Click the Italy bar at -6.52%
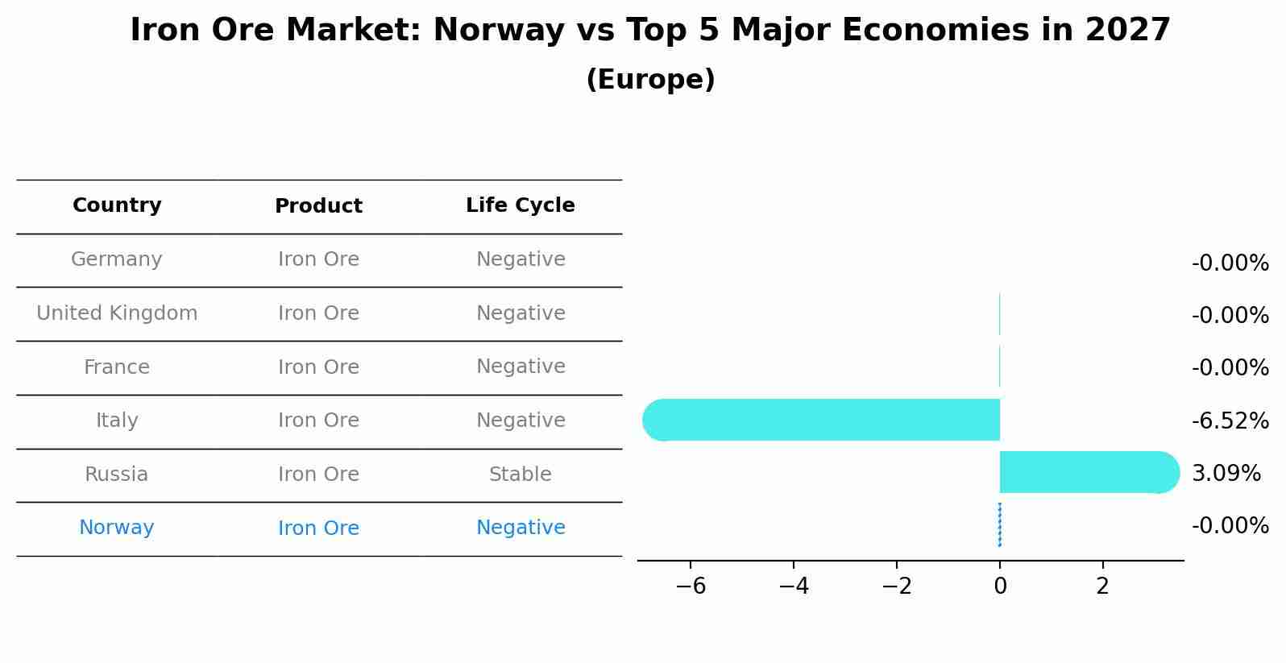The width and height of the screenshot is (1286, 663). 822,420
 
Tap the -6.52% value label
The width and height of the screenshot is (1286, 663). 1230,421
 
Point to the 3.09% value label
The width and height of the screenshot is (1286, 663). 1226,474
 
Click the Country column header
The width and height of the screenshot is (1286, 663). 117,205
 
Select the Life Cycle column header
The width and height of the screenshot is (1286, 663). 520,205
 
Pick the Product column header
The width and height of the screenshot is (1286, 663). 318,206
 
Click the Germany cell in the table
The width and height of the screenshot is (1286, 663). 117,259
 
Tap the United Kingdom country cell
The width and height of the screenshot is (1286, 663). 117,313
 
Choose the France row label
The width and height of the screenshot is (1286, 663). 117,367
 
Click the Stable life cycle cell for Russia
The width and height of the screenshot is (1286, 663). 520,474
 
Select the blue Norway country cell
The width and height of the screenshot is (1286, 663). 117,528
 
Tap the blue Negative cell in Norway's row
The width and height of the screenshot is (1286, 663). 520,528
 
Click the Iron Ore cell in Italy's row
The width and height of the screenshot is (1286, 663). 318,421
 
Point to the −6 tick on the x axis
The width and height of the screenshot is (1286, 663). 691,586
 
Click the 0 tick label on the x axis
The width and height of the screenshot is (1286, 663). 1000,586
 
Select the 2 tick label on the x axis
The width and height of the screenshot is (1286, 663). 1102,586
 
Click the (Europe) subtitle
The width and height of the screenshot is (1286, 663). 650,80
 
